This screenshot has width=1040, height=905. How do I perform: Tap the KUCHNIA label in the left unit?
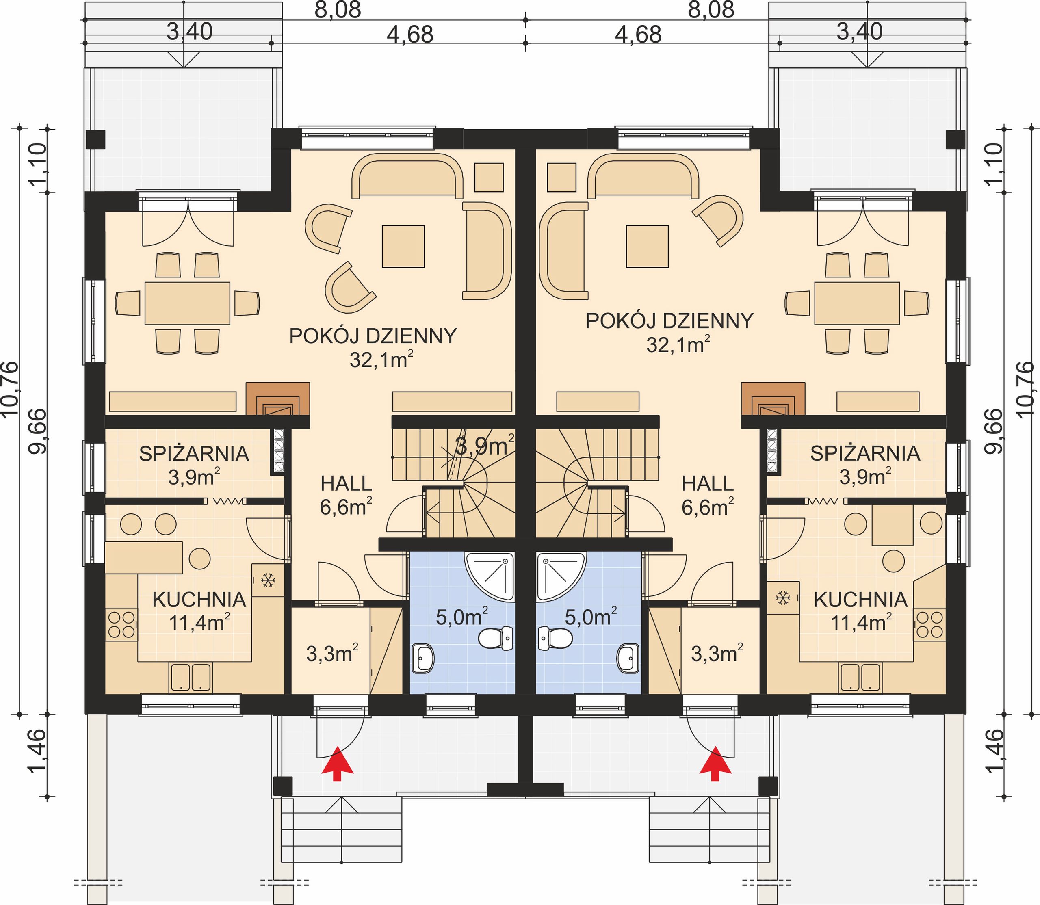199,600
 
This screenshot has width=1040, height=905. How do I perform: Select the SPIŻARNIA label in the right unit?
865,453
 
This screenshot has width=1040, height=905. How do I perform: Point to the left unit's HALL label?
346,483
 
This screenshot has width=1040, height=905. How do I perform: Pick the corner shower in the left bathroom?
489,577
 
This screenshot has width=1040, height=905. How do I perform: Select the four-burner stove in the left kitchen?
121,625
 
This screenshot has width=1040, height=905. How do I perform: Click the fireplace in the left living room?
277,398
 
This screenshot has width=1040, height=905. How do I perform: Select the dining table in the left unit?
187,303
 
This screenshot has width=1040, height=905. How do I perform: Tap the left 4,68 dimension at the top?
410,35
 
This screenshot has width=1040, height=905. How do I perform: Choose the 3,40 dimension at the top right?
860,32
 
